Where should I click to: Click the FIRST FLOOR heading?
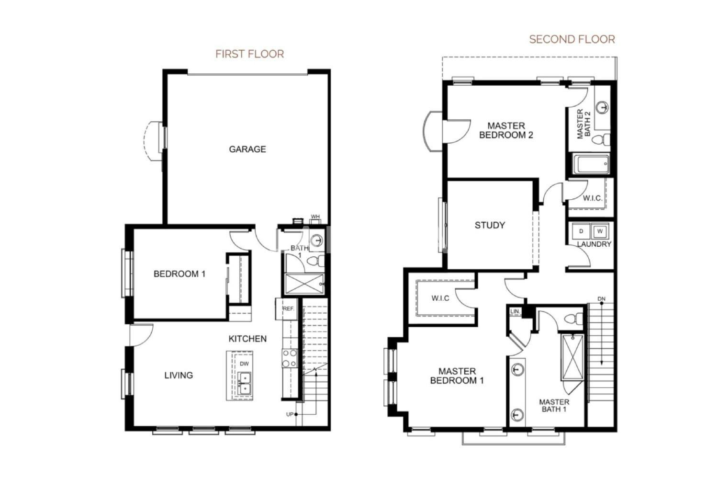point(250,54)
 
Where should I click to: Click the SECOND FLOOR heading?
point(572,39)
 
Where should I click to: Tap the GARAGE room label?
point(247,149)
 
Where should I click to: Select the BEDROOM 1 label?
point(179,274)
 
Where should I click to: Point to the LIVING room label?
point(179,375)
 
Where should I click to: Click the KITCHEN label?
point(247,339)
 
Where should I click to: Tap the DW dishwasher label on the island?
point(244,364)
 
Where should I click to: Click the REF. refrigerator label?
point(288,308)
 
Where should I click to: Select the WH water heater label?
point(315,217)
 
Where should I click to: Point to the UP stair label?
point(290,414)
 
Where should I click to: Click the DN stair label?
point(601,299)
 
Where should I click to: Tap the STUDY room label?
point(490,225)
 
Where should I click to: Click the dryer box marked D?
point(581,231)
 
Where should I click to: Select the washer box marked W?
point(600,231)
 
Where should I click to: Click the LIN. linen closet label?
point(515,311)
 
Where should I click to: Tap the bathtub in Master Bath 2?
point(591,164)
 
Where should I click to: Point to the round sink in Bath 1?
point(317,240)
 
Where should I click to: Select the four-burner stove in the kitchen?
point(290,358)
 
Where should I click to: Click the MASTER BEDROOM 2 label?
point(506,130)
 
